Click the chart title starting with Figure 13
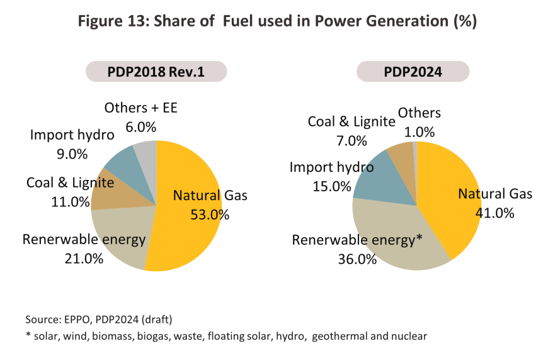274,21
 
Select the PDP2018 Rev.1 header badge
156,72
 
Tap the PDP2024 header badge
413,72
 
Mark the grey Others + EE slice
146,152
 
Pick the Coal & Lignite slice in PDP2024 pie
401,154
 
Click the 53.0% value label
210,215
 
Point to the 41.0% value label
495,213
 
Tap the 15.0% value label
331,186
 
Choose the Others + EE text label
141,108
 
